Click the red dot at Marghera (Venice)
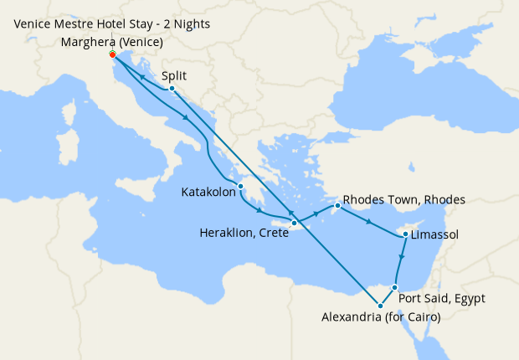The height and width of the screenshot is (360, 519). (x=112, y=54)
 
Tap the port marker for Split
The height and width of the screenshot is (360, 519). (x=171, y=88)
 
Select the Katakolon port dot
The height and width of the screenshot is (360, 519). (x=240, y=186)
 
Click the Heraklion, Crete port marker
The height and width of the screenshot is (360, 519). (x=294, y=223)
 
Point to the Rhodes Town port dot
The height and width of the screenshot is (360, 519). (x=337, y=205)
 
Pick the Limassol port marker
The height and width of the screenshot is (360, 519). (x=405, y=235)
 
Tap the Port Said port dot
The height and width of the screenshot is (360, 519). (x=394, y=287)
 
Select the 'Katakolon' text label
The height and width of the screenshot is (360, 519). (x=208, y=193)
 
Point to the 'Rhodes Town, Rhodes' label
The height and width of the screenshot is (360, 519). (x=403, y=200)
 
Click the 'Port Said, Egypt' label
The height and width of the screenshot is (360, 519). (x=442, y=298)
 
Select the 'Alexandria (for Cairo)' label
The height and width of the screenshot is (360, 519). (x=381, y=316)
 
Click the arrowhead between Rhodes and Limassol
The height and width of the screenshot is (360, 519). (x=367, y=221)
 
